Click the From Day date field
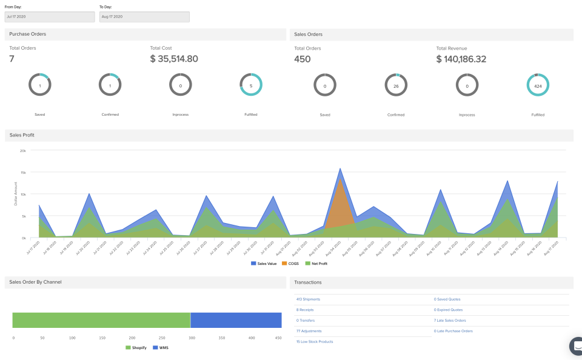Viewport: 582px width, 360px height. pyautogui.click(x=50, y=17)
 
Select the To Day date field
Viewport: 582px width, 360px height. pyautogui.click(x=144, y=17)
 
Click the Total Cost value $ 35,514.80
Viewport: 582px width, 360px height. pyautogui.click(x=174, y=59)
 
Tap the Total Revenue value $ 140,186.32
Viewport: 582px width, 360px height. pyautogui.click(x=461, y=59)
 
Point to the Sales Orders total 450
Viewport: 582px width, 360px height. pyautogui.click(x=303, y=59)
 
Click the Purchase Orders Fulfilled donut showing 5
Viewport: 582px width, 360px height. pyautogui.click(x=250, y=85)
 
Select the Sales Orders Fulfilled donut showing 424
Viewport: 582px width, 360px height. pyautogui.click(x=538, y=85)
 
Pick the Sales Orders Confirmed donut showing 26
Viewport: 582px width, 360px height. pyautogui.click(x=396, y=85)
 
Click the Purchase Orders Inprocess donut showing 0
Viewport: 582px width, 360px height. pyautogui.click(x=180, y=85)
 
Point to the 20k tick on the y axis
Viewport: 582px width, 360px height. pyautogui.click(x=22, y=150)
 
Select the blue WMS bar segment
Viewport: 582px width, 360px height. pyautogui.click(x=236, y=320)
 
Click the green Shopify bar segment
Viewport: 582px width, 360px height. pyautogui.click(x=101, y=320)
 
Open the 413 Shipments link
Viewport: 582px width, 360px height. pyautogui.click(x=308, y=299)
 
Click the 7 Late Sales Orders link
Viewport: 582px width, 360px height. pyautogui.click(x=449, y=321)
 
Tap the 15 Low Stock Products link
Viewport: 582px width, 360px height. pyautogui.click(x=315, y=342)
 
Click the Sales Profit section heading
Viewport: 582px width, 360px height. pyautogui.click(x=22, y=135)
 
